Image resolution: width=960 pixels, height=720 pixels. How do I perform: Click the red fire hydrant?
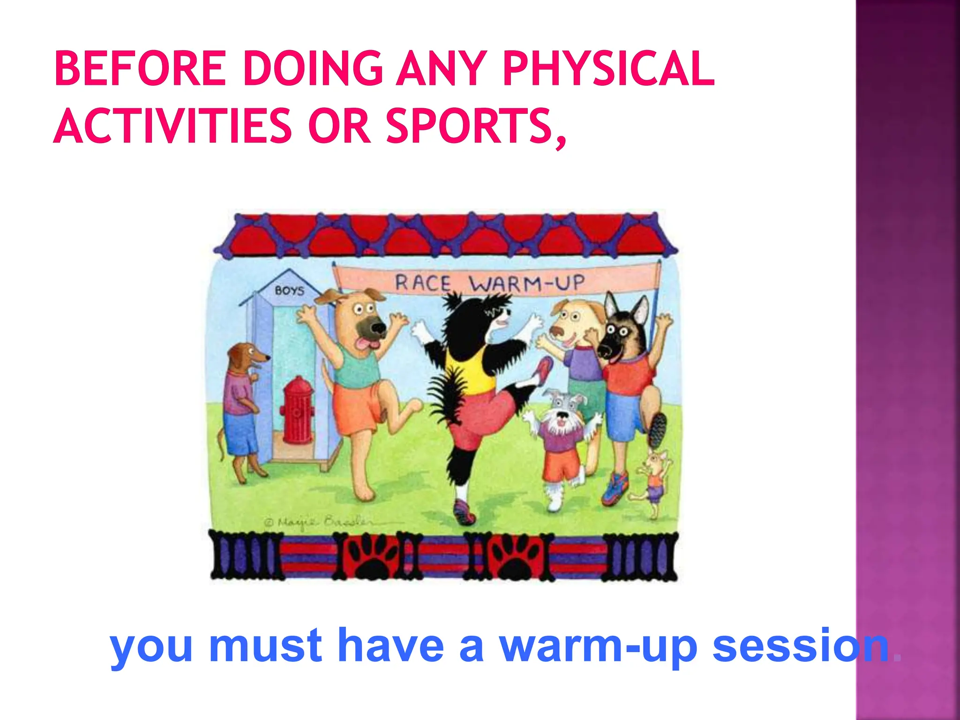coord(297,410)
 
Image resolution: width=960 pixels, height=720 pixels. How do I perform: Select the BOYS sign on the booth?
coord(289,291)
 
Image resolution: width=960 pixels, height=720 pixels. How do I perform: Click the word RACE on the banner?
coord(423,283)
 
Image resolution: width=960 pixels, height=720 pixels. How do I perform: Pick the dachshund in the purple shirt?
coord(241,403)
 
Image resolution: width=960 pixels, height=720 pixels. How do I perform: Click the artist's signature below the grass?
coord(319,522)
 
